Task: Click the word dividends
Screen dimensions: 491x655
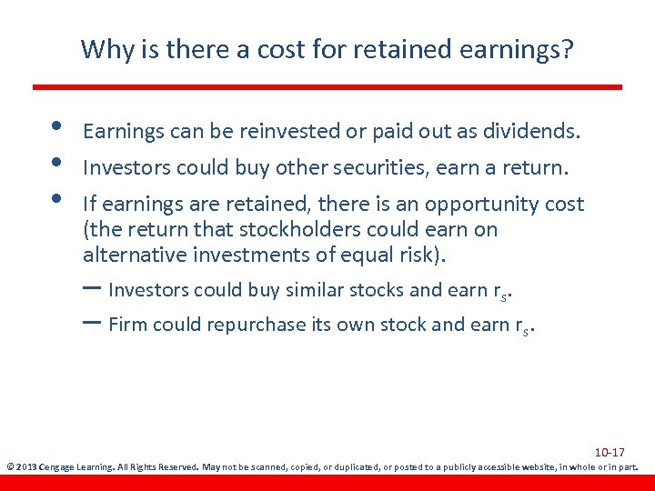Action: tap(529, 132)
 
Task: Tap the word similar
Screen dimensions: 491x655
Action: tap(322, 290)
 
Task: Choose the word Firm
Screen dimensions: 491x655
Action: tap(127, 325)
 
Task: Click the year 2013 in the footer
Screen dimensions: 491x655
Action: tap(27, 467)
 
